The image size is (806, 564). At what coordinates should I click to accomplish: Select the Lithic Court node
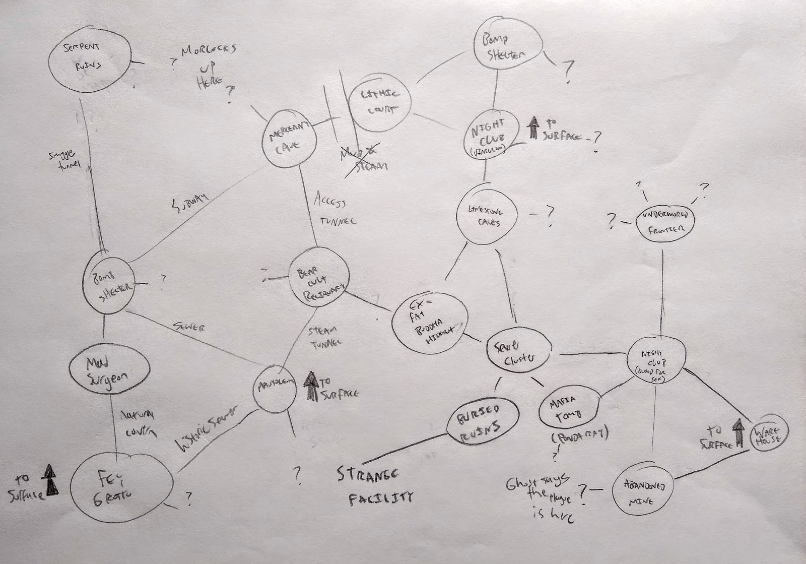(x=379, y=101)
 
